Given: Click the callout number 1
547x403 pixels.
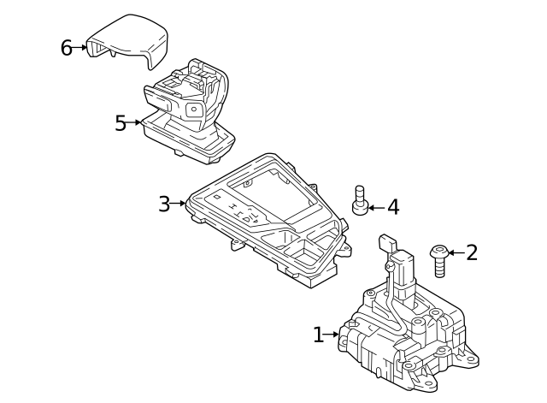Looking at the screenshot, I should pyautogui.click(x=319, y=335).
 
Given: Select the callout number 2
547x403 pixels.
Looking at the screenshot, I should pyautogui.click(x=472, y=252).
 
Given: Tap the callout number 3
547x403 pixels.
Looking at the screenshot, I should pyautogui.click(x=164, y=204).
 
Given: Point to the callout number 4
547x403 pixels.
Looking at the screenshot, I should pyautogui.click(x=392, y=207).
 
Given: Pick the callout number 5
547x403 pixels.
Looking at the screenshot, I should pyautogui.click(x=121, y=123).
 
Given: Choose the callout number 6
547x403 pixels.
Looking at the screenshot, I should pyautogui.click(x=67, y=48).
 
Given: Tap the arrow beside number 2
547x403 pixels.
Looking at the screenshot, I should pyautogui.click(x=455, y=252).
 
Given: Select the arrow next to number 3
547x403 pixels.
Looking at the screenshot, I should pyautogui.click(x=179, y=204).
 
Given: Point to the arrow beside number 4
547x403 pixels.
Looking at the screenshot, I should pyautogui.click(x=376, y=207).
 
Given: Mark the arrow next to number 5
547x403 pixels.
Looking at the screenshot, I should pyautogui.click(x=135, y=123).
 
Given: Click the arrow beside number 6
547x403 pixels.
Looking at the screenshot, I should pyautogui.click(x=82, y=48).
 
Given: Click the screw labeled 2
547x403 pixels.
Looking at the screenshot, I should pyautogui.click(x=440, y=261).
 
